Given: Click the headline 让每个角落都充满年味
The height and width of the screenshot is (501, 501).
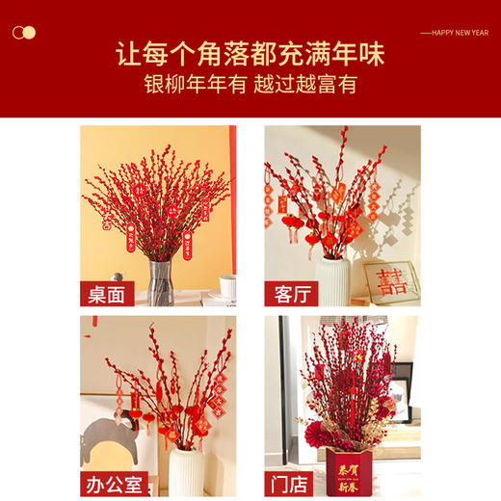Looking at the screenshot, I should pos(250,51).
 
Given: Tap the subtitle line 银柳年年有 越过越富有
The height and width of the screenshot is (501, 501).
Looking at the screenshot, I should pos(250,85).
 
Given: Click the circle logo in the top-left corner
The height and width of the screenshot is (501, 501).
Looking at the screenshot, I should pos(24,33).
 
